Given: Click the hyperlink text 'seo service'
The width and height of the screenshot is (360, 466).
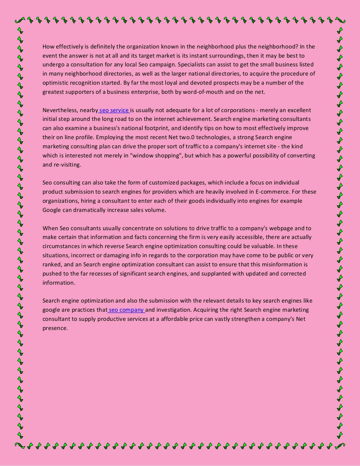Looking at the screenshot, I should [114, 110].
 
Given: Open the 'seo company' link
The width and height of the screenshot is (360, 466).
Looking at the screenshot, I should [126, 310].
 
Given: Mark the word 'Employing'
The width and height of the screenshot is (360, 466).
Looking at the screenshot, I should [108, 137].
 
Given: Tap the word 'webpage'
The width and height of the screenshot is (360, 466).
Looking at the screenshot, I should [281, 228].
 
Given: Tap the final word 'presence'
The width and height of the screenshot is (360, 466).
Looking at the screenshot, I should [54, 328].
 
